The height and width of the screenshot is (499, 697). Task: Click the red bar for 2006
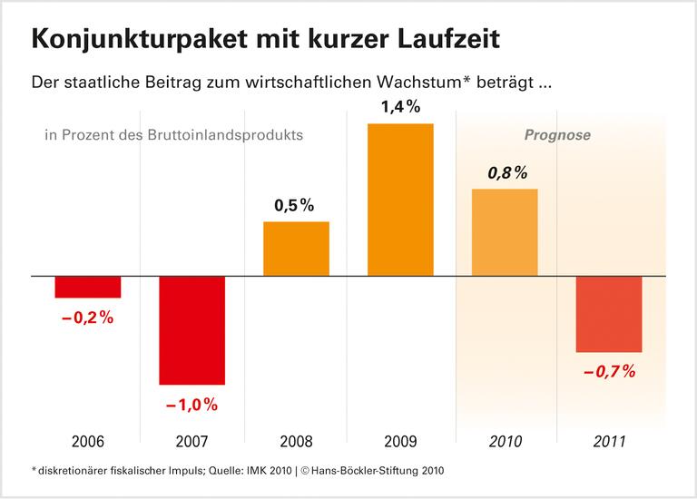coord(88,287)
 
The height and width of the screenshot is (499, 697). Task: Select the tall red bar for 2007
coord(192,330)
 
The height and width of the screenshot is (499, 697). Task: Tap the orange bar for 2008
coord(296,248)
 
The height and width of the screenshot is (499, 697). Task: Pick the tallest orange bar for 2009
coord(400,199)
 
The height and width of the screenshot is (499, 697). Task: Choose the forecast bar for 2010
coord(505,231)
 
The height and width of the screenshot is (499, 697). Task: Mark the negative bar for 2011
coord(609,314)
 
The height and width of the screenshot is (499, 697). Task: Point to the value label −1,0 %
coord(192,405)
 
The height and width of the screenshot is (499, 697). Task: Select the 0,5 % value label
coord(296,205)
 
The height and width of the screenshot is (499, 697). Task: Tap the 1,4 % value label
coord(400,107)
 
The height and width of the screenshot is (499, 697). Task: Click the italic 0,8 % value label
coord(506,172)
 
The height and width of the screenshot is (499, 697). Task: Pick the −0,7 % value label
coord(609,371)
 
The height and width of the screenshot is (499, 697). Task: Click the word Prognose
coord(557,135)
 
